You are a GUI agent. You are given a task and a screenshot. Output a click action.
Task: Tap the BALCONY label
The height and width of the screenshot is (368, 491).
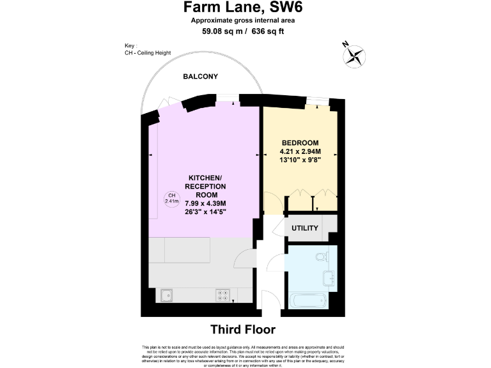tap(200, 77)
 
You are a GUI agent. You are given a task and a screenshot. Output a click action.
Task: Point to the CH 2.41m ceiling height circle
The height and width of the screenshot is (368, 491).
tap(171, 199)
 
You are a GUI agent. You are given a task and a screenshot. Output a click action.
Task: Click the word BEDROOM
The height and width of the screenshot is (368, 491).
tap(300, 142)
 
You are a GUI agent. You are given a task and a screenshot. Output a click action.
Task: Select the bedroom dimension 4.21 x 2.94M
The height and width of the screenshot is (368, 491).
tap(300, 151)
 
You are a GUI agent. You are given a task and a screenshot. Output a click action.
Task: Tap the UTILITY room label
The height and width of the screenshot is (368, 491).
tap(304, 228)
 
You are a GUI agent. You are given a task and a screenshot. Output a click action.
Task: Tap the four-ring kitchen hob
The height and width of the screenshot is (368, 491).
tap(223, 295)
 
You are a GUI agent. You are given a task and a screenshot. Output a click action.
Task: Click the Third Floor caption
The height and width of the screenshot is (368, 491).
tap(243, 330)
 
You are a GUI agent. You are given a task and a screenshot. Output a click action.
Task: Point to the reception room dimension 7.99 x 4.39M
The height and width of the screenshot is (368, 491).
tap(206, 203)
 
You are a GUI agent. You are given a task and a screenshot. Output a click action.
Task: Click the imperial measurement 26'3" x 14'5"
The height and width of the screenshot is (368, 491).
tap(206, 212)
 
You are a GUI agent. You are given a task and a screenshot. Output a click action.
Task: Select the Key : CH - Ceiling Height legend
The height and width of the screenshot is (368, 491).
tap(148, 50)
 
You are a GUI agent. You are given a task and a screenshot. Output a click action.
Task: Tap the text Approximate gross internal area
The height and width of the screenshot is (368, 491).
tap(243, 20)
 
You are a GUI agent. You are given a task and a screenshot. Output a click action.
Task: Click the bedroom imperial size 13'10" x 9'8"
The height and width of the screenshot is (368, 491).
tap(300, 160)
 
